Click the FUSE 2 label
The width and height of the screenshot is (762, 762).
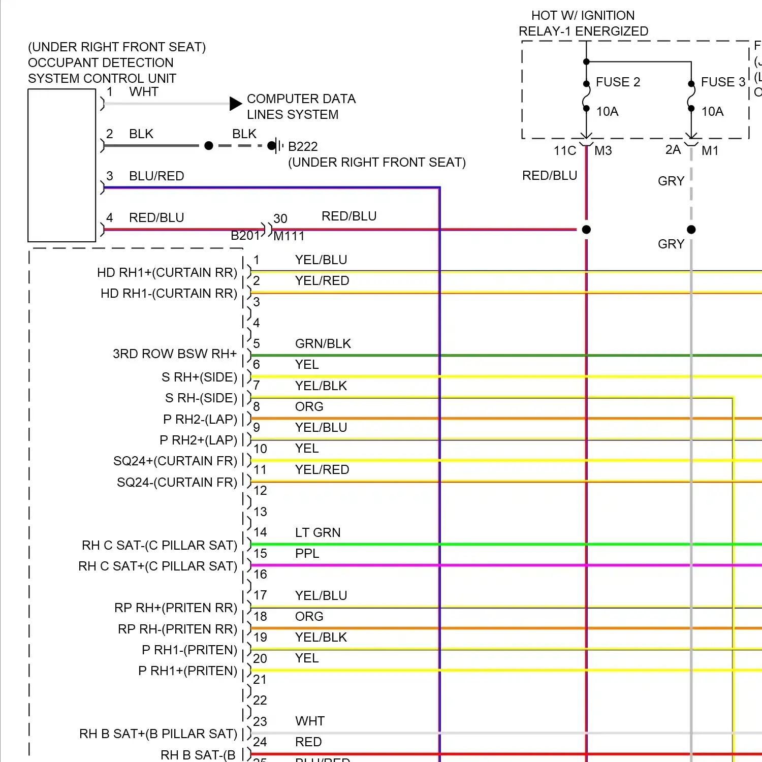[x=618, y=82]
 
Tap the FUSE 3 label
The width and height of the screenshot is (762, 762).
[x=723, y=82]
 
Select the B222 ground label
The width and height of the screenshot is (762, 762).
[x=303, y=147]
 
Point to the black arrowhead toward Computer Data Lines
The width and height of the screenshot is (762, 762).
[x=235, y=104]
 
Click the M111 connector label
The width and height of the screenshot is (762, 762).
[x=289, y=236]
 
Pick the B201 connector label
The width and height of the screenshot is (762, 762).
[x=245, y=236]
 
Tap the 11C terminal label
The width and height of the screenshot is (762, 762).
[x=564, y=151]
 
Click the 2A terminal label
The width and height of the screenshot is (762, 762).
[x=673, y=150]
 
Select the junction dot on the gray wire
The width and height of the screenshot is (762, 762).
[x=691, y=230]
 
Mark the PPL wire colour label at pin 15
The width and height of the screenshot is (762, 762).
[x=307, y=554]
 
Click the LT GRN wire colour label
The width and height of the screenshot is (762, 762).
[x=318, y=532]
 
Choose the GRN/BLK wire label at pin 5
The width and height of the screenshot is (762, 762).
[x=323, y=344]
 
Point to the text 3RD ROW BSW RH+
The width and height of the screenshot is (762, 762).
[x=175, y=354]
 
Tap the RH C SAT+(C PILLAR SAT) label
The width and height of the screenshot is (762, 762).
[x=158, y=566]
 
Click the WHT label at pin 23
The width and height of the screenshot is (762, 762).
[x=310, y=721]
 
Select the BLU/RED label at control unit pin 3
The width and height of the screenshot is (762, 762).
[x=156, y=176]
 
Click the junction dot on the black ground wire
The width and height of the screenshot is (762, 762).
[x=208, y=146]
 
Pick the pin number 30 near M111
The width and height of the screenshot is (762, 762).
[x=280, y=219]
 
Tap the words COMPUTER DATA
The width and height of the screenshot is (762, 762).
[x=301, y=99]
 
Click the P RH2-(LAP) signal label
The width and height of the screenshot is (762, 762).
[x=200, y=420]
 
